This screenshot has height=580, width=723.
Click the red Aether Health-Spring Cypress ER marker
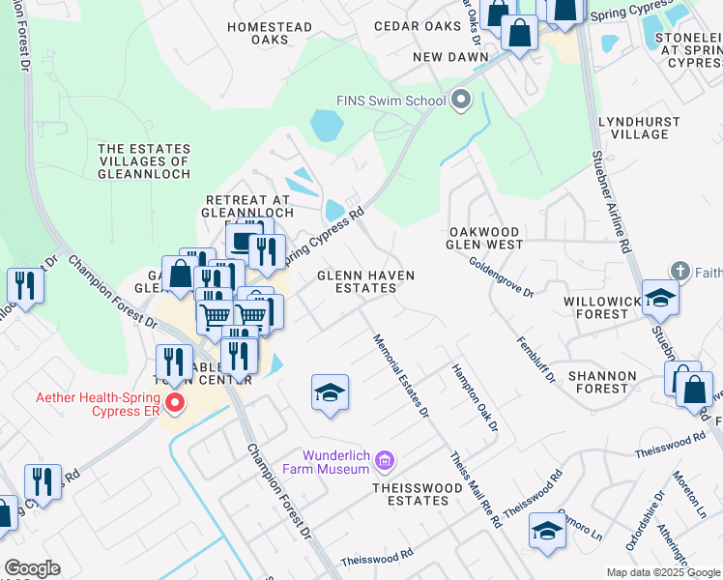175,402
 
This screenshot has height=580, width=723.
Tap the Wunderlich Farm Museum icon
386,461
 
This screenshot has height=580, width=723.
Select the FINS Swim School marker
461,100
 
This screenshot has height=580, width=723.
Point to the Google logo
32,568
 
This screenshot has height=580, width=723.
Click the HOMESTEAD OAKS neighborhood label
258,34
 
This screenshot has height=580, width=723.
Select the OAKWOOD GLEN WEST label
485,239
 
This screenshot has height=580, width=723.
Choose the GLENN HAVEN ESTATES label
366,281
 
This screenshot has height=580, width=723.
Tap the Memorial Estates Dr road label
400,376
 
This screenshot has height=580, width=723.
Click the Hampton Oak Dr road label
475,398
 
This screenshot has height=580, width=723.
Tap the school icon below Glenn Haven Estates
330,392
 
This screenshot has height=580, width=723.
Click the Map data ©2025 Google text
662,572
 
